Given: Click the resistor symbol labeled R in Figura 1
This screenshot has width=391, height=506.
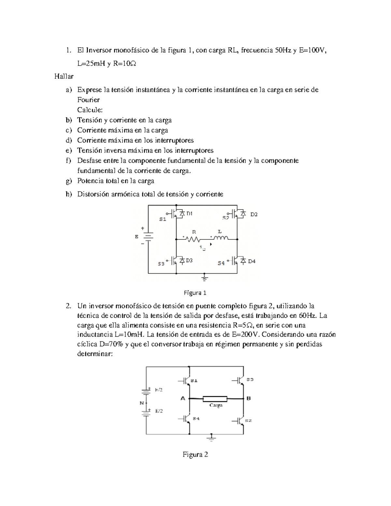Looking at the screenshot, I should pyautogui.click(x=193, y=239).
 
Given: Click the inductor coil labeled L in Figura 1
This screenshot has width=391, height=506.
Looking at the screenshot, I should pyautogui.click(x=221, y=238).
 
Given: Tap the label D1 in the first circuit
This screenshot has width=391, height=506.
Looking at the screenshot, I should pyautogui.click(x=189, y=214).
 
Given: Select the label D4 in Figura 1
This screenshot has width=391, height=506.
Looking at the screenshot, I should pyautogui.click(x=252, y=261).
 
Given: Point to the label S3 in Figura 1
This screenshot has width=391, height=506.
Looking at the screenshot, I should pyautogui.click(x=161, y=264).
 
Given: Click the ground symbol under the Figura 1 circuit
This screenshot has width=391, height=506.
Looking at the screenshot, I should pyautogui.click(x=205, y=278).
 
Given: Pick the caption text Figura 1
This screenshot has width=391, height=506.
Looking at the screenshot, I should pyautogui.click(x=195, y=293).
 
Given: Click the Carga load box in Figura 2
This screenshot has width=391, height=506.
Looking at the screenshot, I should pyautogui.click(x=215, y=398).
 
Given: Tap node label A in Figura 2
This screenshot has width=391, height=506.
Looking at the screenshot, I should pyautogui.click(x=183, y=398).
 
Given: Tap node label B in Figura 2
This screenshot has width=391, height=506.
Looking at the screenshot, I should pyautogui.click(x=249, y=398).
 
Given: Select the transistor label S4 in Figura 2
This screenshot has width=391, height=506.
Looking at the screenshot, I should pyautogui.click(x=196, y=418).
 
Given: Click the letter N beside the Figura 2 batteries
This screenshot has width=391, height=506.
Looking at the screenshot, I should pyautogui.click(x=142, y=403).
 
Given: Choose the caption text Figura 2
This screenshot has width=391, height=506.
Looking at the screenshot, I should pyautogui.click(x=195, y=455).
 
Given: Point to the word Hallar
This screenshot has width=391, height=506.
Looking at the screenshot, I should pyautogui.click(x=64, y=77).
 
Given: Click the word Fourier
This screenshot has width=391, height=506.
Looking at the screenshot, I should pyautogui.click(x=88, y=100).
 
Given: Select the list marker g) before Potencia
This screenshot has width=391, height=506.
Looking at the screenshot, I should pyautogui.click(x=68, y=181).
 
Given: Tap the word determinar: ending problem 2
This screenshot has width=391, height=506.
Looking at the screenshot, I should pyautogui.click(x=95, y=354).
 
